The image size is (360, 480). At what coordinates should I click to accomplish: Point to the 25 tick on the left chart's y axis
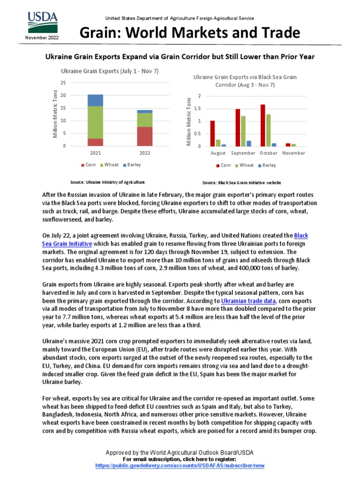click(63, 83)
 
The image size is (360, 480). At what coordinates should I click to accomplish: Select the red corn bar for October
click(262, 125)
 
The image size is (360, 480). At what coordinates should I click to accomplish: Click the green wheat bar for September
click(243, 131)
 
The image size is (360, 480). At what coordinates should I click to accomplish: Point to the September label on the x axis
click(243, 153)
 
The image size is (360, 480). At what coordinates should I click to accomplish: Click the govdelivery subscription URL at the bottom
click(180, 465)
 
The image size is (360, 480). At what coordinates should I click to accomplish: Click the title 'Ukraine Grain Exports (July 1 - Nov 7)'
click(110, 71)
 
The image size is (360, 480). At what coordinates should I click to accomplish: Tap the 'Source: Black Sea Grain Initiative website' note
click(241, 182)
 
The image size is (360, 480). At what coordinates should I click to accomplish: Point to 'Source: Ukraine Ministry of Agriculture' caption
click(107, 181)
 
